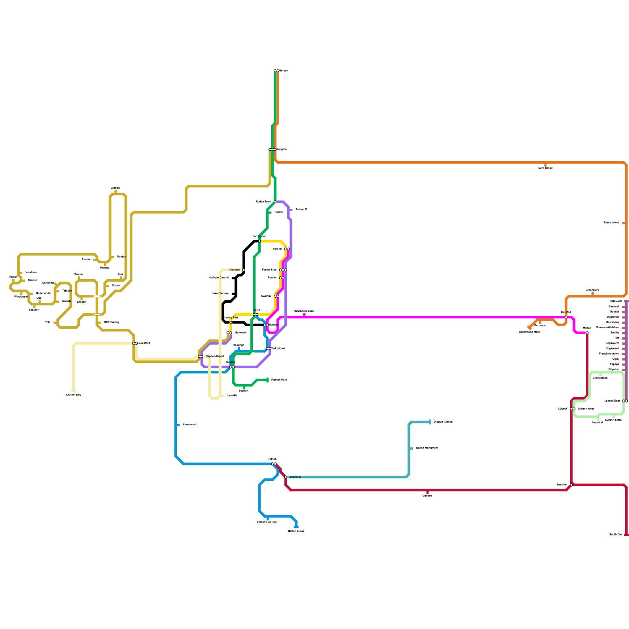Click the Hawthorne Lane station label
(304, 311)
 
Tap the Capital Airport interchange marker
(200, 357)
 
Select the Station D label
(295, 477)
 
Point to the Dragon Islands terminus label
(443, 422)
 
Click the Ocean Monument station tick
(411, 448)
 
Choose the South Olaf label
(616, 535)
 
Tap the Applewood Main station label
(529, 332)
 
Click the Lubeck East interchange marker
(625, 401)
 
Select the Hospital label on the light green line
(597, 423)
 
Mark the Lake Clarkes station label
(220, 293)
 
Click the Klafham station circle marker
(244, 270)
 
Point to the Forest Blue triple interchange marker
(283, 270)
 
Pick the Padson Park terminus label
(279, 380)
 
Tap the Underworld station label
(43, 293)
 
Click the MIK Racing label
(111, 322)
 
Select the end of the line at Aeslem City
(74, 391)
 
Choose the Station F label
(301, 210)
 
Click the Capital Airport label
(215, 357)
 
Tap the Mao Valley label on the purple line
(612, 322)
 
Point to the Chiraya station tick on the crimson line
(427, 492)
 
